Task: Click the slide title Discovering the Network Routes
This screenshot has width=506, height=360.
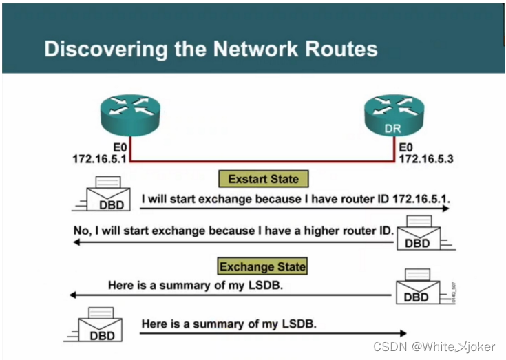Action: tap(211, 49)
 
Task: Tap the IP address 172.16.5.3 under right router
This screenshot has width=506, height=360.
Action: tap(426, 159)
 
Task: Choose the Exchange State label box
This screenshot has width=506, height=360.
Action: tap(262, 266)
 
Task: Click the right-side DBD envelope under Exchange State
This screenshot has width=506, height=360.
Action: tap(417, 286)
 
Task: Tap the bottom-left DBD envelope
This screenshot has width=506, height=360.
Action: tap(101, 326)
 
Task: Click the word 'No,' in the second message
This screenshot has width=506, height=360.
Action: tap(82, 231)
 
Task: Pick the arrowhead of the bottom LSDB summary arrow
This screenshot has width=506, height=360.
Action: tap(401, 333)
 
